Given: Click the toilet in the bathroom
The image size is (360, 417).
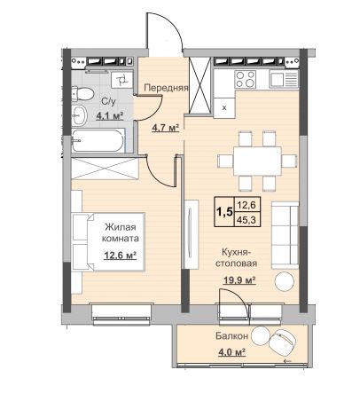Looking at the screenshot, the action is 82,93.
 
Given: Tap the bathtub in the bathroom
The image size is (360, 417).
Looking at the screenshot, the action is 98,140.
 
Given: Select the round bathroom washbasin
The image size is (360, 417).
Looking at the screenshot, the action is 79,115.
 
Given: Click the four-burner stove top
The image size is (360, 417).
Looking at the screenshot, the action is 245,79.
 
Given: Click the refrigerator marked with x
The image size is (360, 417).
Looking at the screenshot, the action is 224,108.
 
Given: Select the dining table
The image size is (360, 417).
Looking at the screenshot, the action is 257,161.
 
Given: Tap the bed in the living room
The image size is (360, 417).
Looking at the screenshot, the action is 108,241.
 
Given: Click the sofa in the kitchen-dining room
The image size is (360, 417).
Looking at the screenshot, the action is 285,235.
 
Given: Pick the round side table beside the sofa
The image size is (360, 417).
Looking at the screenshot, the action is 285,281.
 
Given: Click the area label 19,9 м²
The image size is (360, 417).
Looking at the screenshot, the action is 239,280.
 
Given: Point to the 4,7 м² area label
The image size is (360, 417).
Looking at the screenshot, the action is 166,128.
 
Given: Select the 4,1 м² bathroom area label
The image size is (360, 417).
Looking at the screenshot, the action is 109,115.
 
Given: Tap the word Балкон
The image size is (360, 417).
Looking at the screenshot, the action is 231,336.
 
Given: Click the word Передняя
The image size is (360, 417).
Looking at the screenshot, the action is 166,88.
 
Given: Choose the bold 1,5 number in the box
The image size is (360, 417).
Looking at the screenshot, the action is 224,212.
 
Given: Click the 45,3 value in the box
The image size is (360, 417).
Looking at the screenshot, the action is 247,220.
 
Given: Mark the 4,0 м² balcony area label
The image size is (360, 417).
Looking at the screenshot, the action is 231,352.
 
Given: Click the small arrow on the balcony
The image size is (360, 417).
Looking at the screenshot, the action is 286,361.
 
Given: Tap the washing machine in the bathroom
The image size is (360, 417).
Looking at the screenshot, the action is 121,79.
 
